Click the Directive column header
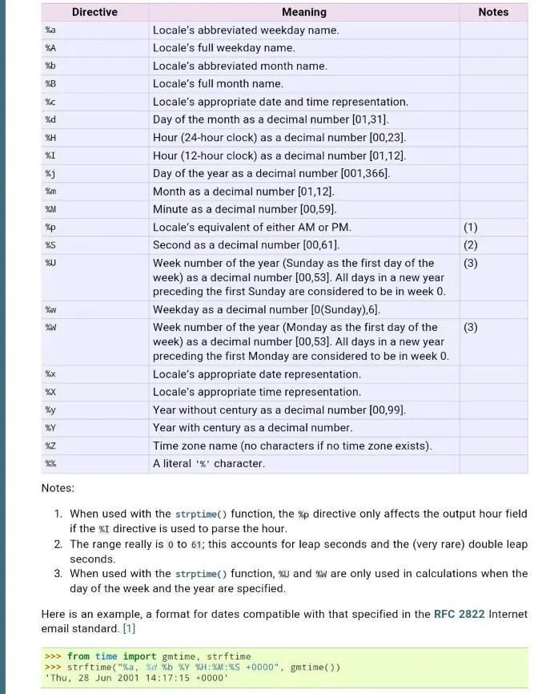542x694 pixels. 94,12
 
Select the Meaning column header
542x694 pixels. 303,12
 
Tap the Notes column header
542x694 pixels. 493,12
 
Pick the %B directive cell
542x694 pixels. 50,84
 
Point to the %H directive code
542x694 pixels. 50,138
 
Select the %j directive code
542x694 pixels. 50,174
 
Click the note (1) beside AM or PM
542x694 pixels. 471,228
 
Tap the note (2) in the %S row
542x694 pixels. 471,245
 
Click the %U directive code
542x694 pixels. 50,263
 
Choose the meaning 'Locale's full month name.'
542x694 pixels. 218,84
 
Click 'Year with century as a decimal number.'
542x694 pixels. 252,428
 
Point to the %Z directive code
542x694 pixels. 50,446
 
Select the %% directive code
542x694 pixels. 50,464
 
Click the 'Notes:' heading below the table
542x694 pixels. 58,488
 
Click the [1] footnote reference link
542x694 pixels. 129,629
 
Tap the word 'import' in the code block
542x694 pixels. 134,656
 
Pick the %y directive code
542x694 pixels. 50,410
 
